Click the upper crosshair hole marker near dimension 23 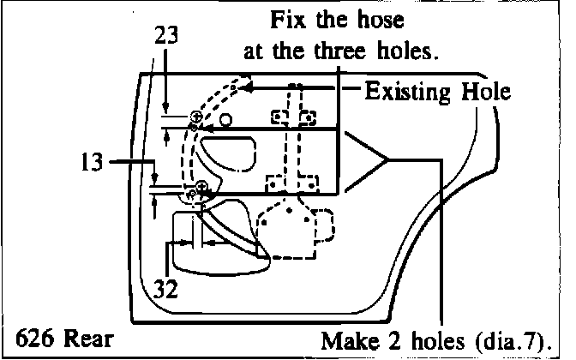pos(196,116)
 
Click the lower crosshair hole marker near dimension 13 pos(201,186)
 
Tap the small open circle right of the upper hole pos(225,119)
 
